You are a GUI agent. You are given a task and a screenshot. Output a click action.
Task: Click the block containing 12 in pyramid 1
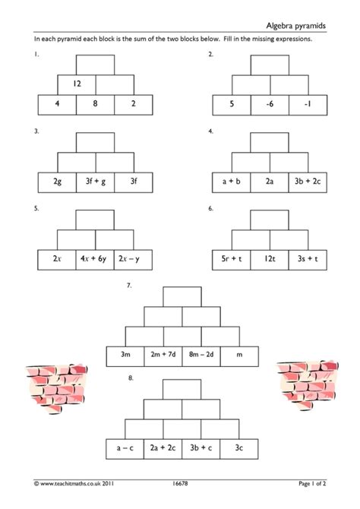(x=77, y=85)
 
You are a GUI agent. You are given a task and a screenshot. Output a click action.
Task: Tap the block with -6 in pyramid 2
(x=270, y=105)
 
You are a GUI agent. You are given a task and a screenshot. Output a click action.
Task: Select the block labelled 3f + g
(x=96, y=182)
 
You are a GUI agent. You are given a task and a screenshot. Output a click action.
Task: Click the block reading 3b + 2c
(x=308, y=182)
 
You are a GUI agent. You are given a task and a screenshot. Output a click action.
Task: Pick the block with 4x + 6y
(x=95, y=260)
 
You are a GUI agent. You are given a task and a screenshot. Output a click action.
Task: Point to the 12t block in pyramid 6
(x=270, y=260)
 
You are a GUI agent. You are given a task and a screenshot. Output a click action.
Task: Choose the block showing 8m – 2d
(x=201, y=356)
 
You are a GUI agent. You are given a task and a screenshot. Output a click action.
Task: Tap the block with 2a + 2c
(x=163, y=449)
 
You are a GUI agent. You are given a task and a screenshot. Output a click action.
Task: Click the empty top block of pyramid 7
(x=182, y=297)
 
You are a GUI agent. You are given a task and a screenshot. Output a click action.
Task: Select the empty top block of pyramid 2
(x=270, y=65)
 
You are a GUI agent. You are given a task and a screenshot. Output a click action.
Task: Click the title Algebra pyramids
(x=295, y=26)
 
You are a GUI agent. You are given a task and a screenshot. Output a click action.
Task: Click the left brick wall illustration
(x=56, y=388)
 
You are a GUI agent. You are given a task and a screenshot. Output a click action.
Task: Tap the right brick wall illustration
(x=308, y=384)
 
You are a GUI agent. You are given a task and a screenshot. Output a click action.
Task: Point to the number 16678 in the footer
(x=180, y=483)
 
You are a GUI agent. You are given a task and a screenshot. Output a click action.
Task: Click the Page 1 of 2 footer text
(x=312, y=483)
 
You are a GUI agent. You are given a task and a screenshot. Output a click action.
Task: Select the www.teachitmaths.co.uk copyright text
(x=74, y=483)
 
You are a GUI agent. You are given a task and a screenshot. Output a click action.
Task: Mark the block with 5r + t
(x=231, y=260)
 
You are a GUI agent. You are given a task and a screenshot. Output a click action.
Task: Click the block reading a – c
(x=125, y=449)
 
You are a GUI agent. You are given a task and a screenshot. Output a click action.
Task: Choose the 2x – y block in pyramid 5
(x=133, y=260)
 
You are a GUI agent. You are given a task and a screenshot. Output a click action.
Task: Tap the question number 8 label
(x=131, y=378)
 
